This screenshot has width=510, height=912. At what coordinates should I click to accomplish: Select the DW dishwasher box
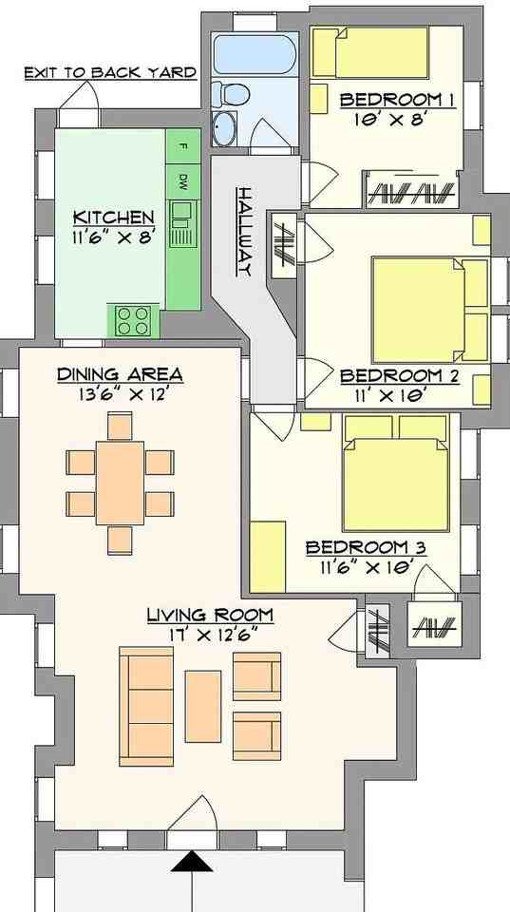pos(182,180)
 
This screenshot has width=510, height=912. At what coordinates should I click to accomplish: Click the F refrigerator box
pos(182,146)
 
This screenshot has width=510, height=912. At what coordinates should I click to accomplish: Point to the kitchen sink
pos(180,222)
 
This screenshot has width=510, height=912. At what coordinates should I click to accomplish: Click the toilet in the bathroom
pos(230,94)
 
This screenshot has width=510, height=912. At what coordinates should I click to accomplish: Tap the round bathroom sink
pos(226,130)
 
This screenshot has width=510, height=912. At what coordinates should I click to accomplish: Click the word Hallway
pos(243,230)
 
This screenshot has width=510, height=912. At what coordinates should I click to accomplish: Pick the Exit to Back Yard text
pos(110,72)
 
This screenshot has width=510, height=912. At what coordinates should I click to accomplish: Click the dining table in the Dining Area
pos(120,483)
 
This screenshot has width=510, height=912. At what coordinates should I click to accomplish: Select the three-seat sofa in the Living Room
pos(146,706)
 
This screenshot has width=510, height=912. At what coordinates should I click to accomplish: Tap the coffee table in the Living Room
pos(203,706)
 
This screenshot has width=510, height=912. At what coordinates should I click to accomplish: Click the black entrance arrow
pos(193,862)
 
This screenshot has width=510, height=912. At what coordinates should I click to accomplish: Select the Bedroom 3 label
pos(366,548)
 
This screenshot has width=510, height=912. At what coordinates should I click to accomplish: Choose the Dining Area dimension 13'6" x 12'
pos(119,393)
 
